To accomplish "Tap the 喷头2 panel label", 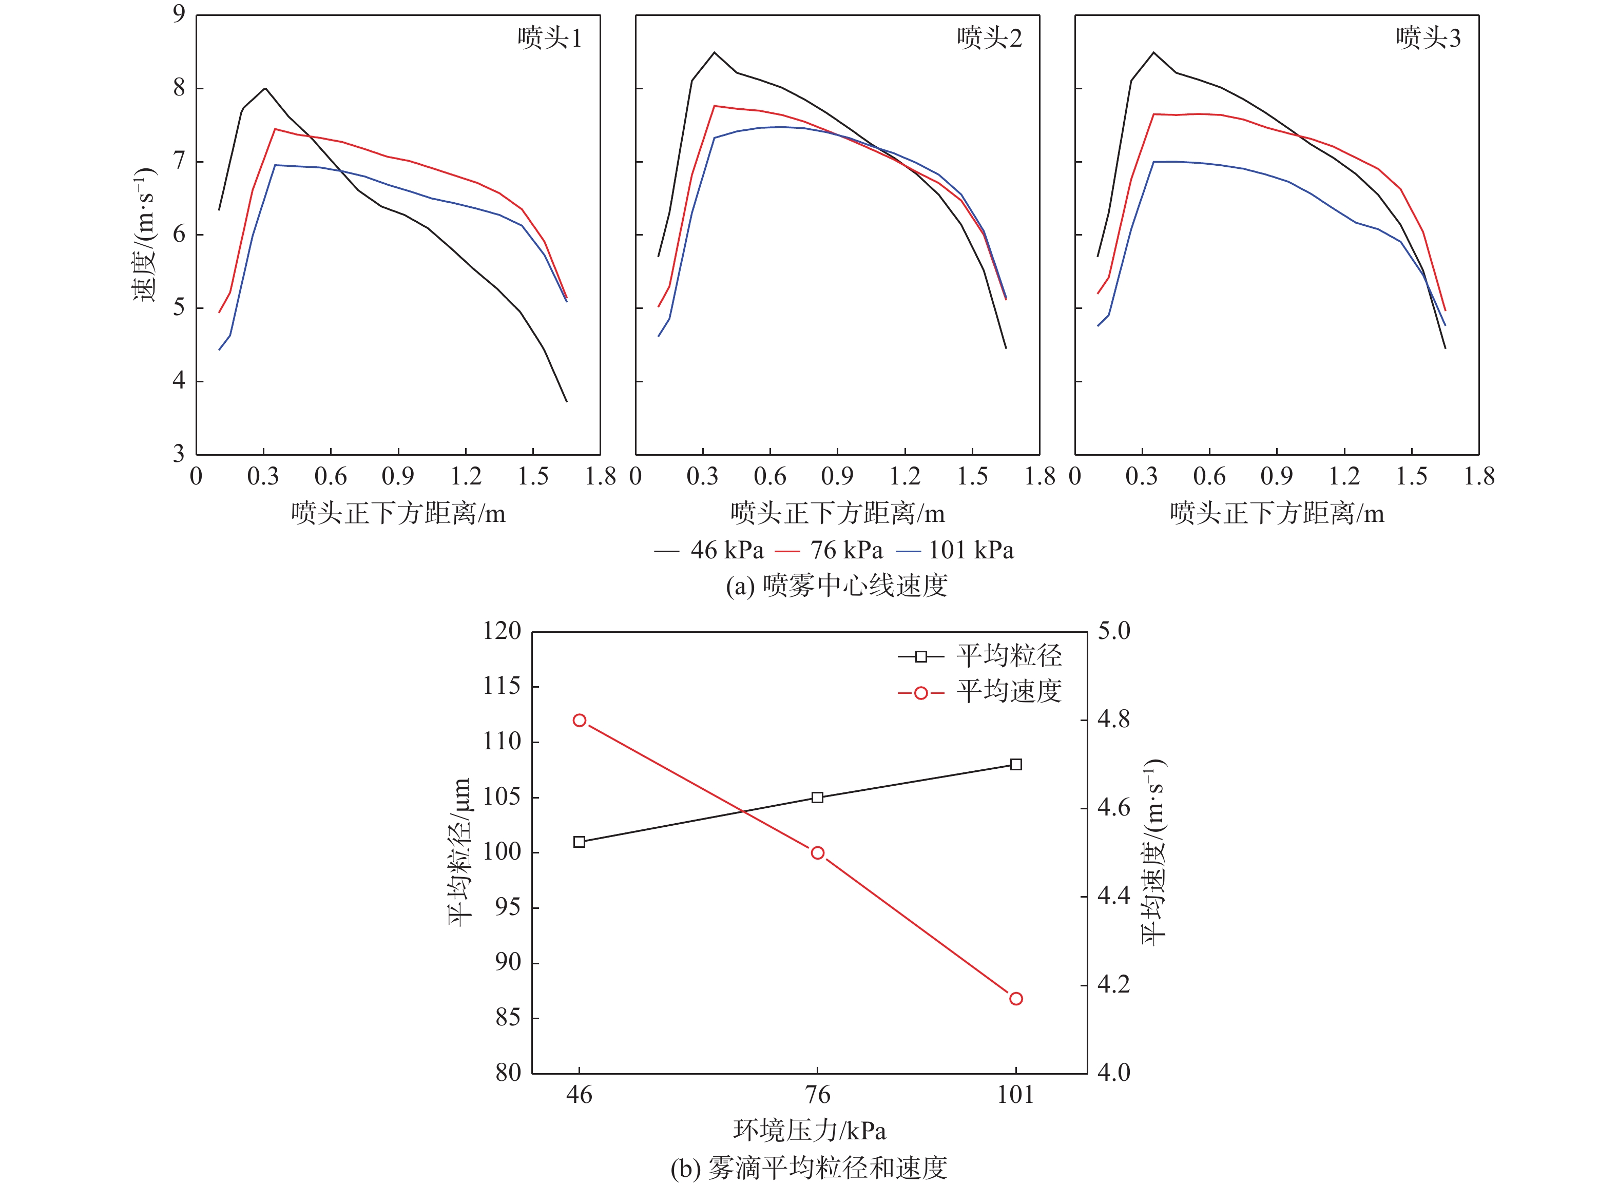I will tap(989, 38).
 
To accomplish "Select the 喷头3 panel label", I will tap(1428, 38).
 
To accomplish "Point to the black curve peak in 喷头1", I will tap(265, 88).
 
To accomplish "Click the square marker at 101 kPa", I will tap(1016, 765).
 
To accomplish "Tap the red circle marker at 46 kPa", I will tap(580, 720).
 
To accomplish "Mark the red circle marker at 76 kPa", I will tap(817, 853).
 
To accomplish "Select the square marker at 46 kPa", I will tap(580, 842).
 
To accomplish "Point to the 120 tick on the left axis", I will tap(502, 631).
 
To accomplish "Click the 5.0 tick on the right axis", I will tap(1113, 631).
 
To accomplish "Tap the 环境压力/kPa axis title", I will tap(809, 1131).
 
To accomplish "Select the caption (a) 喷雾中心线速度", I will tap(837, 586).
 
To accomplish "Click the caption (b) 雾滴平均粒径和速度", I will tap(808, 1168).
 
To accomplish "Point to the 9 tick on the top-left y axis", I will tap(179, 14).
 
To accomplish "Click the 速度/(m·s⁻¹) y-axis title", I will tap(144, 235).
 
